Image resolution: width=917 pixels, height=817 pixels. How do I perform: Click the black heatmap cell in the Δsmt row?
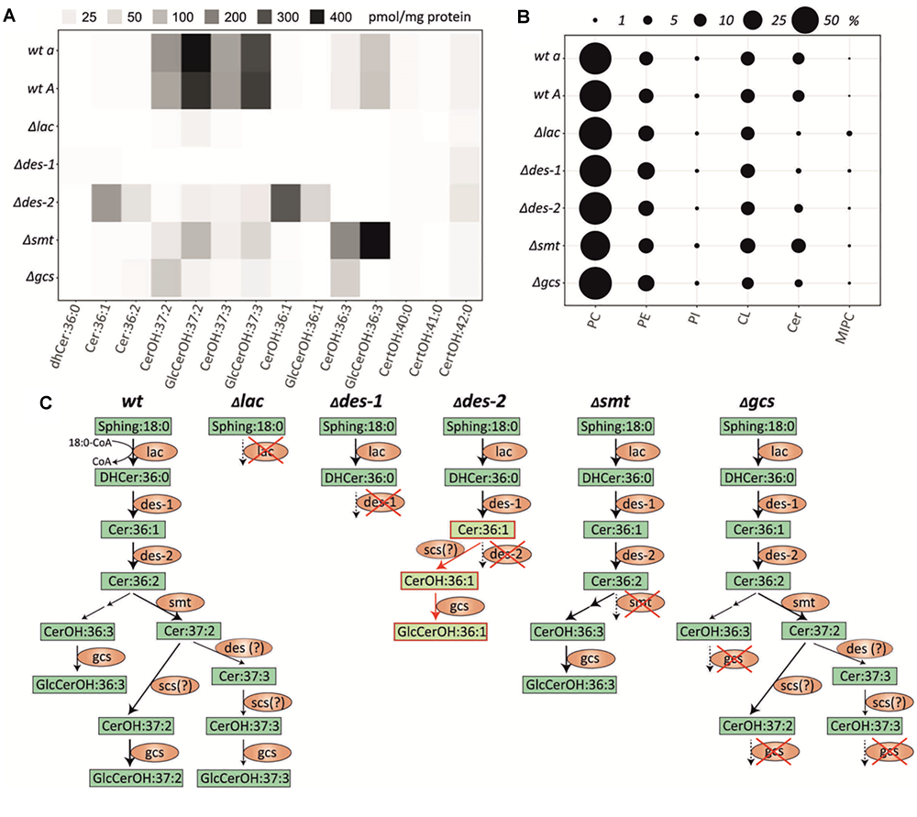tap(375, 244)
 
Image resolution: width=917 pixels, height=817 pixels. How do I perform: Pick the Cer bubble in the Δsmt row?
tap(799, 246)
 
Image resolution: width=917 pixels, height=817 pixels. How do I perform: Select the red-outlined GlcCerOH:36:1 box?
tap(439, 631)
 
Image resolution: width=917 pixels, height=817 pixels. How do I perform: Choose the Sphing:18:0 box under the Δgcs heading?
tap(759, 425)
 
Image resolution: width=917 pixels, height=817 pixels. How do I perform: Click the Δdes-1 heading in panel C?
tap(346, 402)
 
